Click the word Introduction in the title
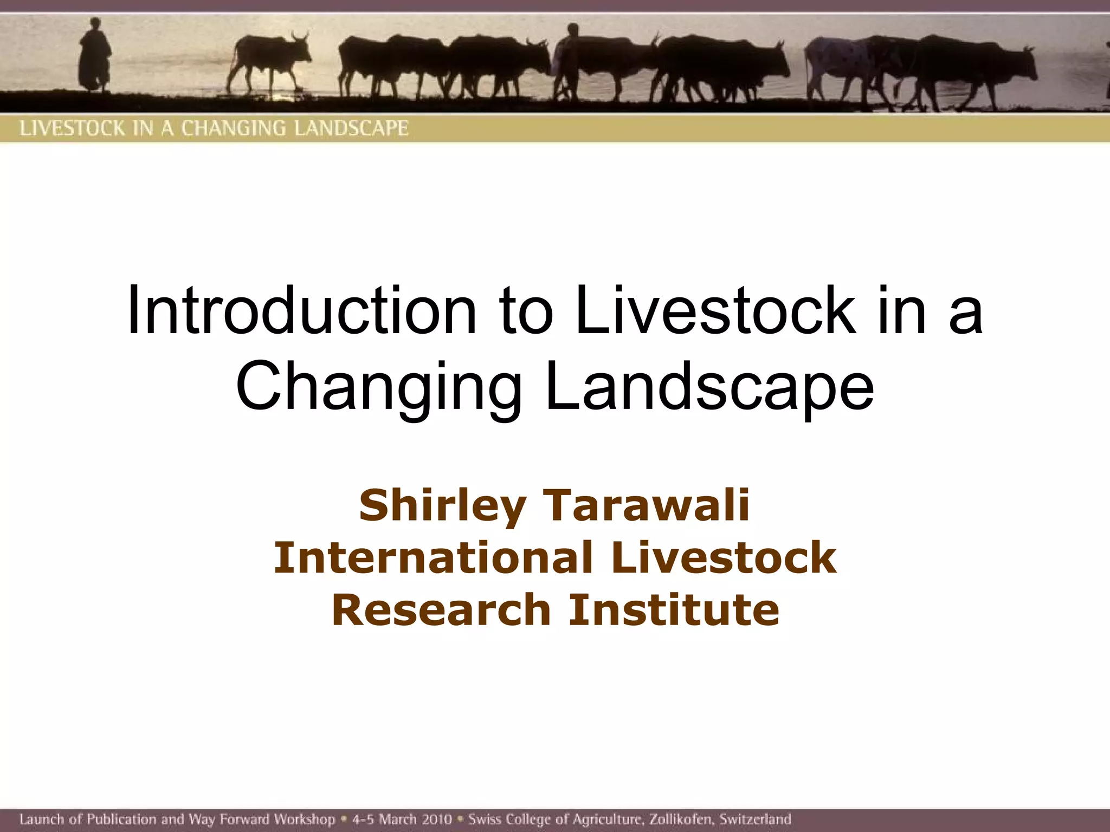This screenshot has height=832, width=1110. [x=301, y=311]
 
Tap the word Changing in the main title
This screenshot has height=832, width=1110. [x=379, y=386]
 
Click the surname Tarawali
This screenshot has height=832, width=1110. [x=647, y=505]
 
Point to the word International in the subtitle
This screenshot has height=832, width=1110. [x=434, y=557]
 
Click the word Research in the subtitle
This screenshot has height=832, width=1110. [x=441, y=609]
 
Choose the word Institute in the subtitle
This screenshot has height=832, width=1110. [x=674, y=609]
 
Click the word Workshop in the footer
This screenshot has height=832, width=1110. [x=304, y=818]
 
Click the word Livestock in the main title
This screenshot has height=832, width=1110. [x=714, y=311]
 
